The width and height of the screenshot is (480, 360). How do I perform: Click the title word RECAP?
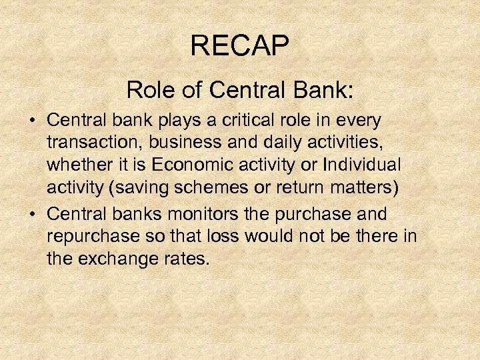coord(239,46)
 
